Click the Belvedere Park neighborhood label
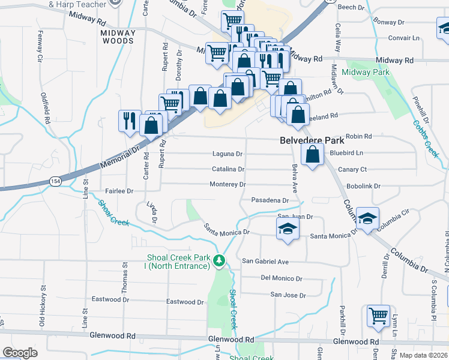[x=312, y=140]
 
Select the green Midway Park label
[x=366, y=73]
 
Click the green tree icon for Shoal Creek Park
[x=220, y=260]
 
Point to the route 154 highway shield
[x=55, y=181]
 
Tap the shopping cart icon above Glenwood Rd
[x=378, y=316]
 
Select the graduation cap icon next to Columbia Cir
[x=367, y=218]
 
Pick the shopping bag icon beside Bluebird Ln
[x=312, y=155]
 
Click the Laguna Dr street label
[x=228, y=154]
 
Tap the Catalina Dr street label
[x=229, y=169]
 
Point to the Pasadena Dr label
[x=270, y=200]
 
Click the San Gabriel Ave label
[x=265, y=262]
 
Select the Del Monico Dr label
[x=282, y=278]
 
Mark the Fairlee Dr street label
[x=119, y=191]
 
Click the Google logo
[x=20, y=353]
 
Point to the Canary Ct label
[x=352, y=169]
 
